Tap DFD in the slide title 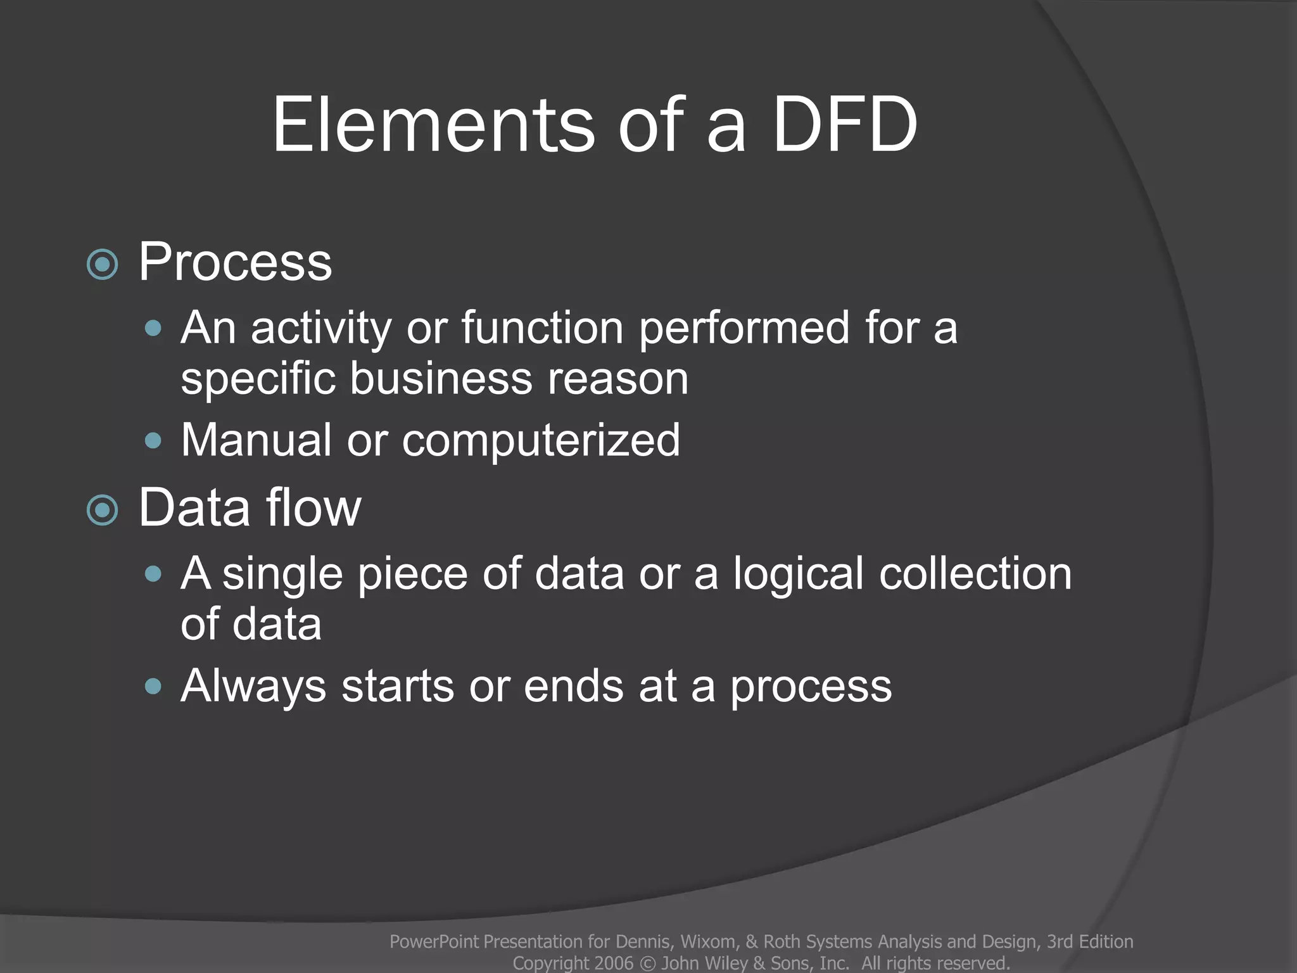(x=845, y=125)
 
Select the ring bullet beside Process (x=102, y=264)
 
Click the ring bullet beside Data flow (x=102, y=510)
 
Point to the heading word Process (x=235, y=262)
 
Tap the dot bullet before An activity (x=153, y=328)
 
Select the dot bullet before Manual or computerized (x=153, y=440)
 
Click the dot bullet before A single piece (x=153, y=574)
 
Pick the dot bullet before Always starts (x=153, y=686)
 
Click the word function (x=543, y=328)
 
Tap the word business (x=441, y=379)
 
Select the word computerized (x=541, y=441)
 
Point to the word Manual (x=256, y=440)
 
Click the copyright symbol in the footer (x=647, y=963)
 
